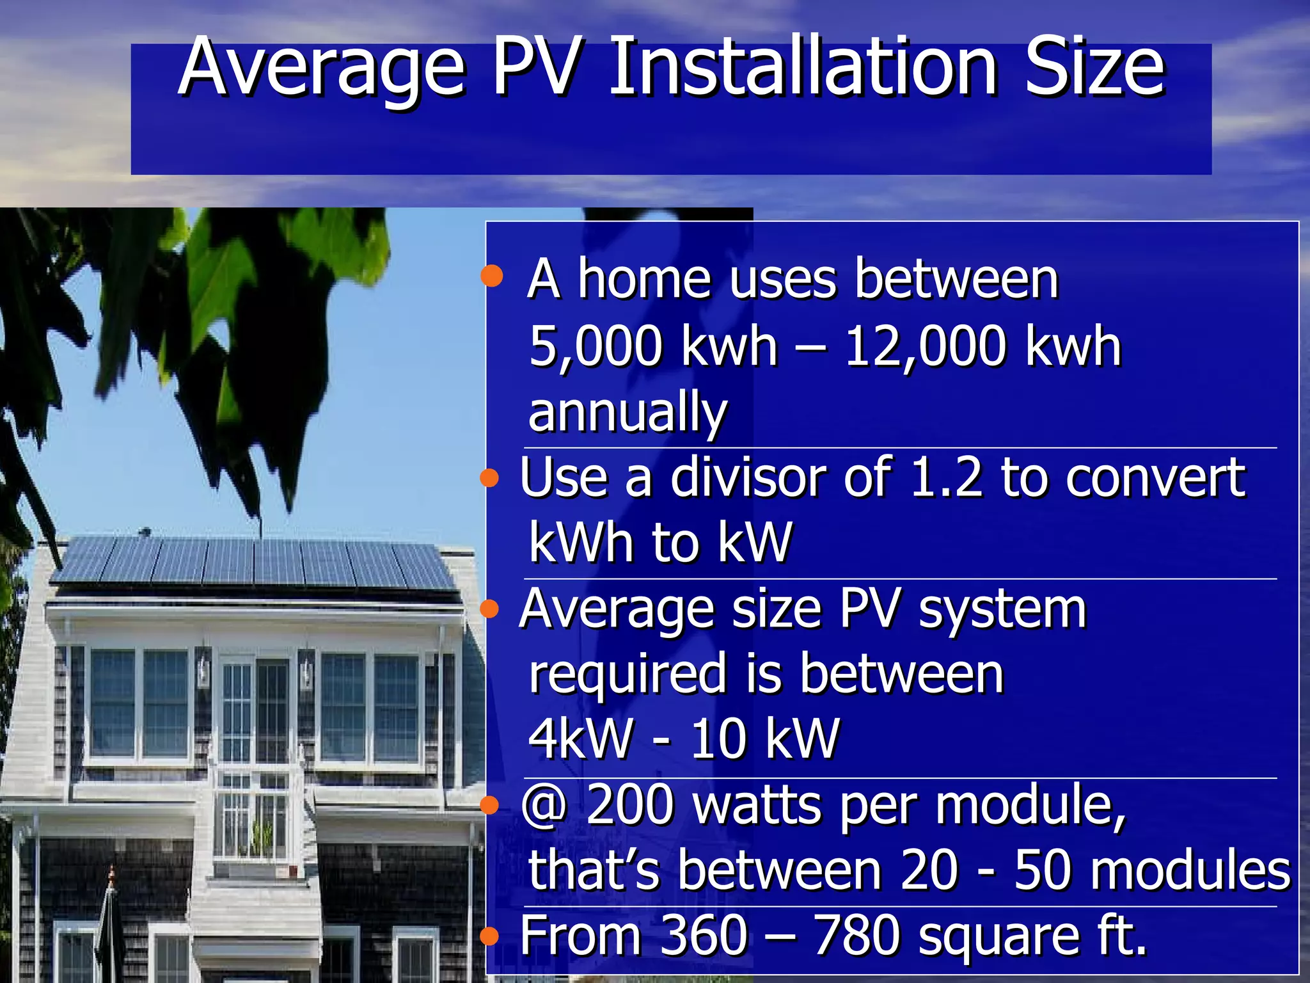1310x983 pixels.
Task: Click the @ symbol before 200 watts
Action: point(544,805)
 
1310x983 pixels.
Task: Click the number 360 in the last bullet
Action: point(704,936)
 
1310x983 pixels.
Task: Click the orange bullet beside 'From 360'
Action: point(489,937)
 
